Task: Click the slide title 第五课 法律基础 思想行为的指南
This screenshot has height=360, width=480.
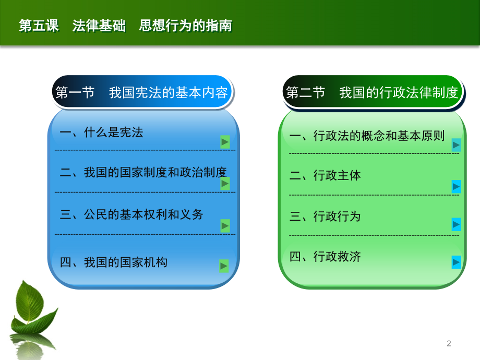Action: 126,26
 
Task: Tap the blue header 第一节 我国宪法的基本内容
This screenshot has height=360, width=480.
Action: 142,92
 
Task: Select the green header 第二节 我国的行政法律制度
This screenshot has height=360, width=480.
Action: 372,92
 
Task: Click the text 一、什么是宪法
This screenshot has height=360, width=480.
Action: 101,133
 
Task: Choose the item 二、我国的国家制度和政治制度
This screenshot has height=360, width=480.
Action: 143,172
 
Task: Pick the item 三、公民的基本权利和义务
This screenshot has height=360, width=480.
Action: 131,214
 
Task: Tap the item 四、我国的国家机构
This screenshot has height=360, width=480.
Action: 113,262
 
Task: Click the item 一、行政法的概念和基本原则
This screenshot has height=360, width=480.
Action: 367,136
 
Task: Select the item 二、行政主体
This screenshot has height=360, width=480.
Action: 325,175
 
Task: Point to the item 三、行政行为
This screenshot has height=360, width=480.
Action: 325,216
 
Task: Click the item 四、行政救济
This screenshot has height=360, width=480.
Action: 325,257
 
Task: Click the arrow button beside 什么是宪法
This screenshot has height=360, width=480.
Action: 225,142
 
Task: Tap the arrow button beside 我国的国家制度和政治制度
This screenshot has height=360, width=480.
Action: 225,184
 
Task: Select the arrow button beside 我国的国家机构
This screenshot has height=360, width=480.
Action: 224,266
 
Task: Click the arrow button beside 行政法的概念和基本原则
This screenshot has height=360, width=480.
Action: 456,145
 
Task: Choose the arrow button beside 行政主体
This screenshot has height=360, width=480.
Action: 456,186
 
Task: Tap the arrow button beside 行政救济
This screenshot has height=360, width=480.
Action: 456,262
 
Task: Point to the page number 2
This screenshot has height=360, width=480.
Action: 449,343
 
